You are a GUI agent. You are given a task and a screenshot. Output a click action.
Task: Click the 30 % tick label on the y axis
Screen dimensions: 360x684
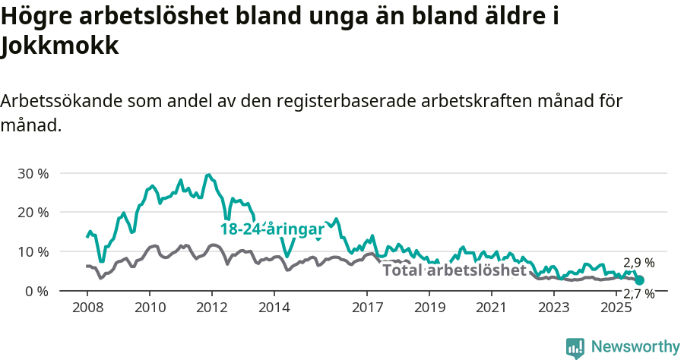[33, 173]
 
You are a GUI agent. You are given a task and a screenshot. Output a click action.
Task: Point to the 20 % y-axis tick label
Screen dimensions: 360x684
[33, 212]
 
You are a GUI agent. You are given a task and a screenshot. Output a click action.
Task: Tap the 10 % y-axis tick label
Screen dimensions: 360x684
[33, 251]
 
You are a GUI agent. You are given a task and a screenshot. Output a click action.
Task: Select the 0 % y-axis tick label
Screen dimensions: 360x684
[36, 291]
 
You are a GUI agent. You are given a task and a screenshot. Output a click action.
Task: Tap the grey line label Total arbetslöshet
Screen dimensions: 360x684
[454, 270]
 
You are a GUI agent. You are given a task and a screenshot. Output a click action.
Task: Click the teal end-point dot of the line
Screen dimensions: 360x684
[639, 280]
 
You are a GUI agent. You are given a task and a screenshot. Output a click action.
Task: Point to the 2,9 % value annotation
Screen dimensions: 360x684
[638, 263]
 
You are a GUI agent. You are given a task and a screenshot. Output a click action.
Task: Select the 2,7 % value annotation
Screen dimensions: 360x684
[638, 294]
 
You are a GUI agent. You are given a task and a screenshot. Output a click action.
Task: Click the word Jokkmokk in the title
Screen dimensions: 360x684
[60, 47]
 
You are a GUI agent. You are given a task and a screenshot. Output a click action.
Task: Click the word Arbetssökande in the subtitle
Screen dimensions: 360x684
[61, 101]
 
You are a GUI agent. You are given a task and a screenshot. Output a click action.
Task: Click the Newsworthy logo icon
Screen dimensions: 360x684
[575, 347]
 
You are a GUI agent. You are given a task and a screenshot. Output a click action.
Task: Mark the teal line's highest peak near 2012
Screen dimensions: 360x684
[209, 175]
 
